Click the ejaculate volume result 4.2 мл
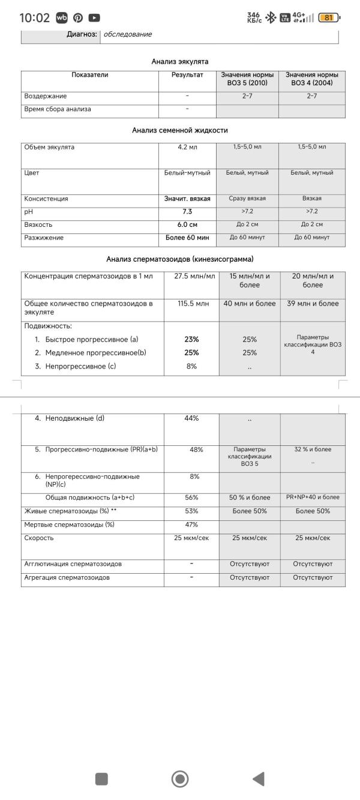point(187,147)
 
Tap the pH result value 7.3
point(187,211)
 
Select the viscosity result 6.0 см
point(187,224)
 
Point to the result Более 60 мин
point(187,238)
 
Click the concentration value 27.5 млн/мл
point(194,277)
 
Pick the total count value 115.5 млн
point(193,304)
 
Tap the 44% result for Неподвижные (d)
point(191,418)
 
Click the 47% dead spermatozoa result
point(191,525)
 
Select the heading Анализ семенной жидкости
point(180,130)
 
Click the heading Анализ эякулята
point(180,61)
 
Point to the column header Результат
point(187,76)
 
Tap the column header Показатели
point(90,76)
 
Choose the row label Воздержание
point(46,96)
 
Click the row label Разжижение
point(44,238)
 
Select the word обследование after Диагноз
point(128,34)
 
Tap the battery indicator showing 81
point(328,18)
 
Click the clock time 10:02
point(34,18)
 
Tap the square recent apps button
point(101,779)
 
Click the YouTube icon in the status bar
point(94,18)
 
